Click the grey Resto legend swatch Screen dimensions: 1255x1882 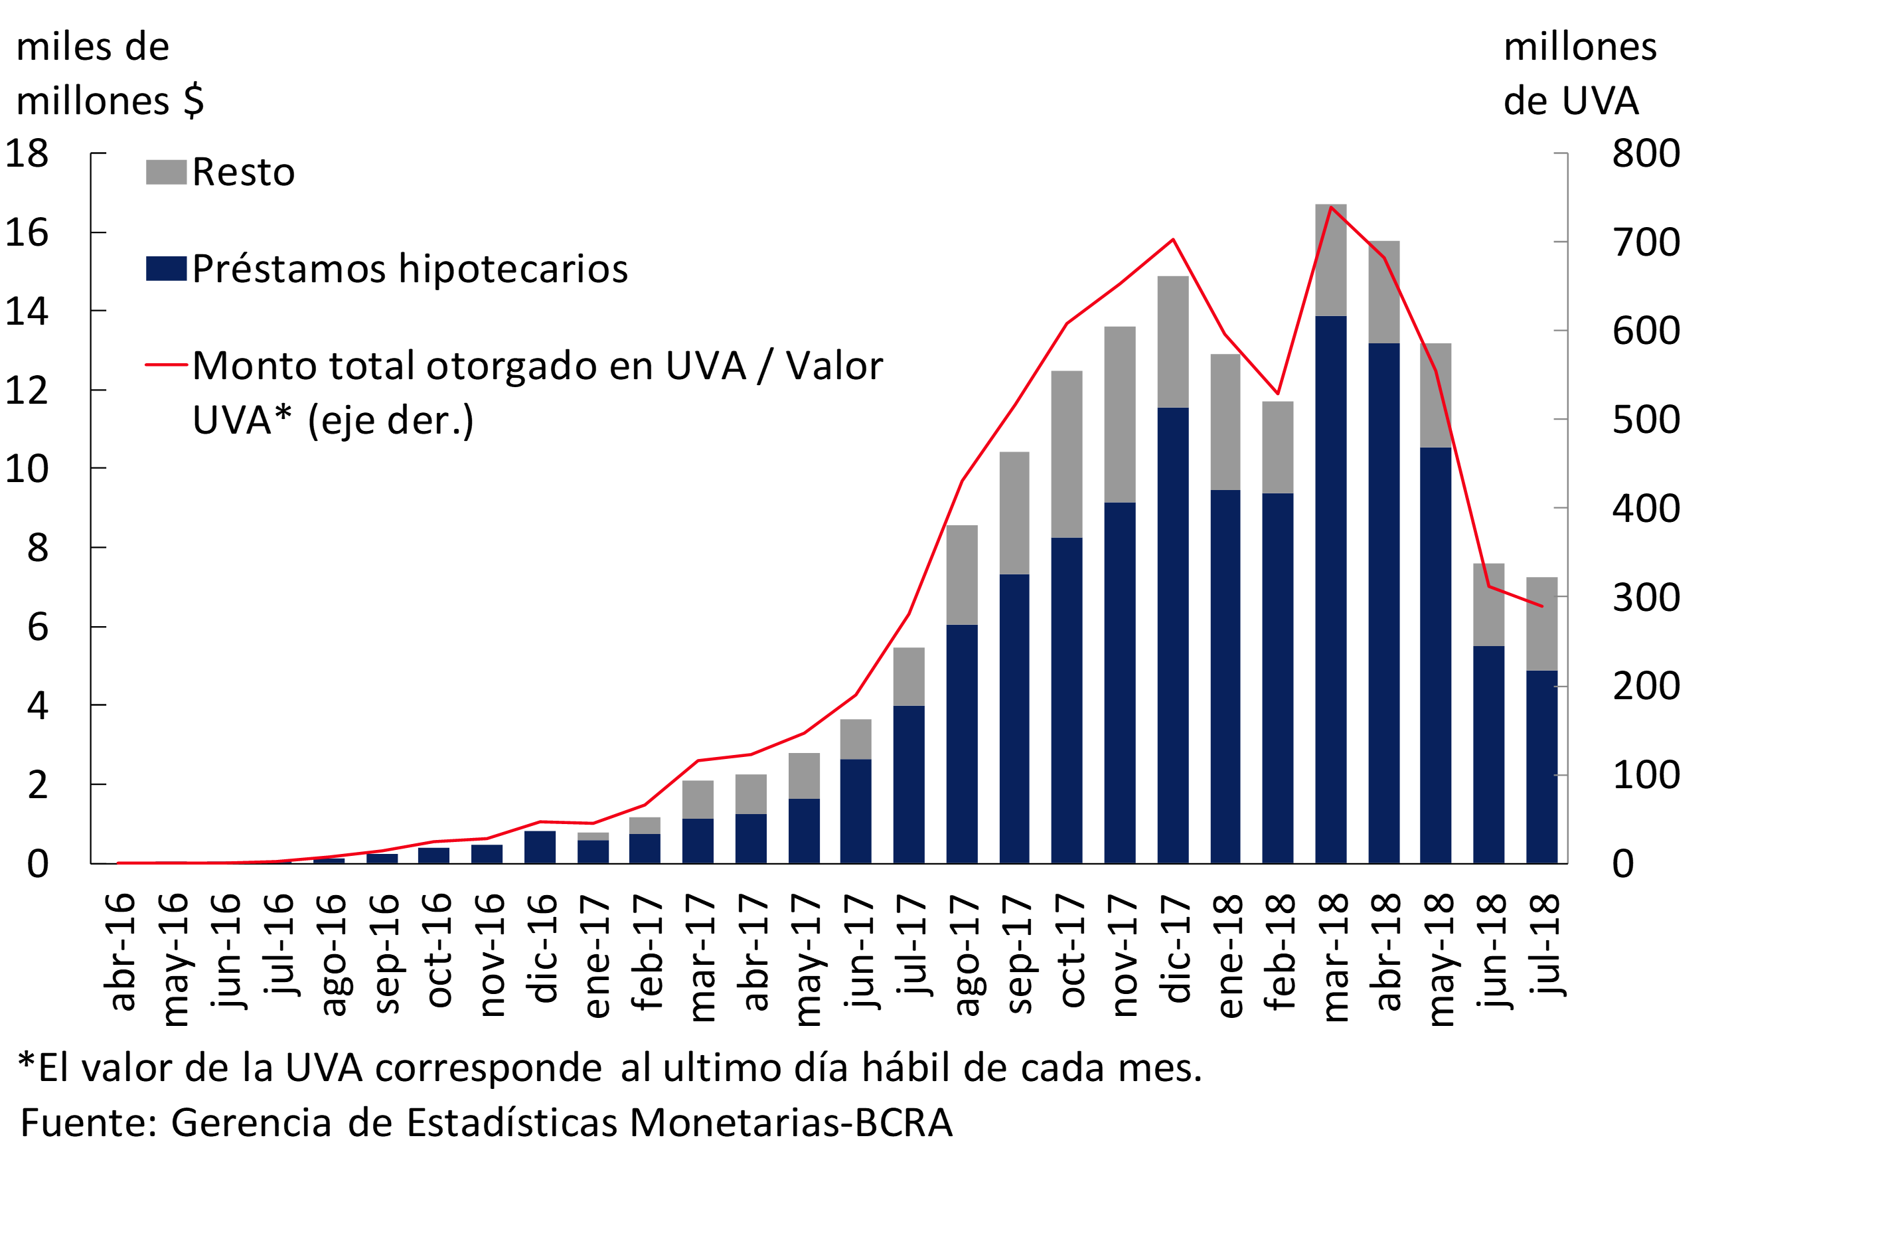point(166,172)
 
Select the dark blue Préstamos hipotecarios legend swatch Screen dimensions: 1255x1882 point(166,268)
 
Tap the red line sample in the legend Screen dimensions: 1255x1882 point(166,365)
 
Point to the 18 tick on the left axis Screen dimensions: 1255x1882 point(27,153)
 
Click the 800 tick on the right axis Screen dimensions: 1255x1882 point(1645,153)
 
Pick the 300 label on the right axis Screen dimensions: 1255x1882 point(1645,597)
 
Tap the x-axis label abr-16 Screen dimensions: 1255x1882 point(120,952)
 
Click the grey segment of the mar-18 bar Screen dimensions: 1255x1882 point(1331,260)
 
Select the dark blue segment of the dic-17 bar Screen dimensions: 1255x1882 point(1173,636)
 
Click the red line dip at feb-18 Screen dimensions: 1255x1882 point(1278,393)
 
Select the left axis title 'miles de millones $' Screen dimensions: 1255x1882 point(110,74)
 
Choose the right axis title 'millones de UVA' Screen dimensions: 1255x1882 point(1579,74)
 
